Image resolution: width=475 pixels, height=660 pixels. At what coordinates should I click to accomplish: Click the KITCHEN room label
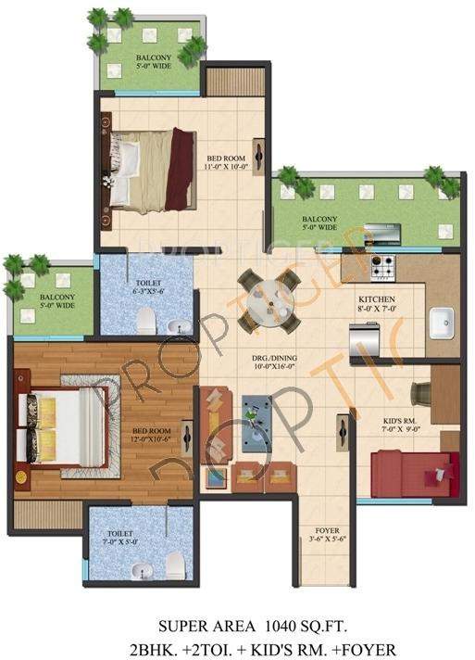coord(377,299)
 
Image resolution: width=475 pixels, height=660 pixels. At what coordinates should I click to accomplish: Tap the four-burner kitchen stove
coord(382,265)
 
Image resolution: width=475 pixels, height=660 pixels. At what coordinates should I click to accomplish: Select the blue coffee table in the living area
coord(256,408)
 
